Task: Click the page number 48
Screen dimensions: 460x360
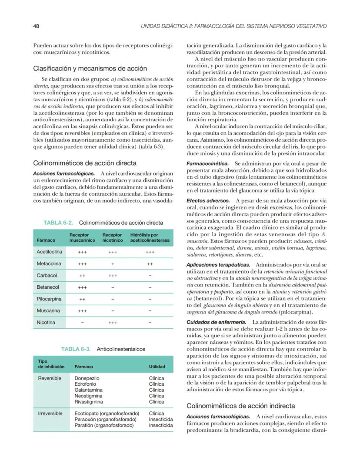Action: pyautogui.click(x=36, y=26)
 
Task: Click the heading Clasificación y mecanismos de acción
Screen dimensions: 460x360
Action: pyautogui.click(x=90, y=68)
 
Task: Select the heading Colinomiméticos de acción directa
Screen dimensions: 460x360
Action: pyautogui.click(x=85, y=163)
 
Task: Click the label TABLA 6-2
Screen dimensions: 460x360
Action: pyautogui.click(x=58, y=223)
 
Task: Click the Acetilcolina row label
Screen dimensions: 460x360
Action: pyautogui.click(x=50, y=252)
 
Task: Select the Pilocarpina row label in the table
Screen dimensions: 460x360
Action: pyautogui.click(x=49, y=299)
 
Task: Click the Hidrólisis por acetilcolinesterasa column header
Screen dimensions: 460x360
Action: pyautogui.click(x=150, y=237)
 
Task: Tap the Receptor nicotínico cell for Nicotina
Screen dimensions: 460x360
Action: pyautogui.click(x=113, y=323)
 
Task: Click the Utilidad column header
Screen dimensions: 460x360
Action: pyautogui.click(x=157, y=367)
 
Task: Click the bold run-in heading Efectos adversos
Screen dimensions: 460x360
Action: pyautogui.click(x=208, y=200)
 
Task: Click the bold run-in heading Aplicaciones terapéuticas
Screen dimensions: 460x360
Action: pyautogui.click(x=218, y=264)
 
